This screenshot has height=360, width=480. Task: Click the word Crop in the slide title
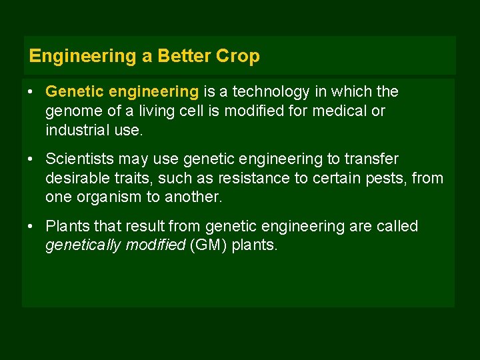coord(238,57)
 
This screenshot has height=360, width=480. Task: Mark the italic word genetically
coord(82,246)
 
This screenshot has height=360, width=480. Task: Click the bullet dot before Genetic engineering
coord(31,91)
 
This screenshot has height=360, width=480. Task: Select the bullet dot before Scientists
coord(31,159)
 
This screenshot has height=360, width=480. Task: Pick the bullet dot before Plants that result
coord(31,226)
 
